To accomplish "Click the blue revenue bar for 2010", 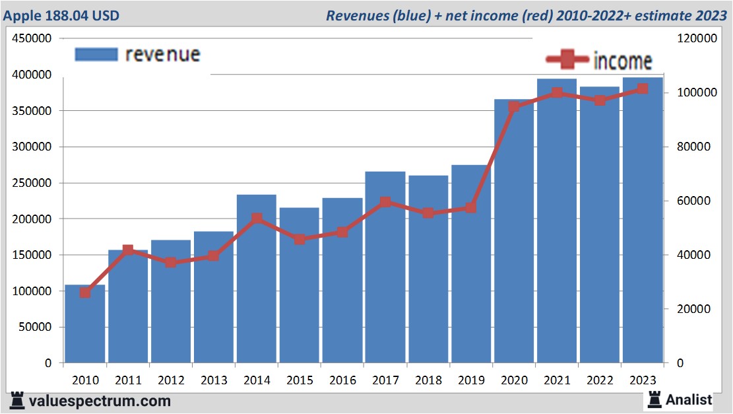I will (85, 325).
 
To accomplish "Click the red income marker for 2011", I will (128, 251).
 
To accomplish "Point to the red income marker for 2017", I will (385, 203).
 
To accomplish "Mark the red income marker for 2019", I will (471, 207).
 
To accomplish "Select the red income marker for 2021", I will (557, 92).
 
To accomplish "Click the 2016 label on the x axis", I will (342, 380).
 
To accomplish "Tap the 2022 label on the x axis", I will (600, 380).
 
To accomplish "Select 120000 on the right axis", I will (697, 39).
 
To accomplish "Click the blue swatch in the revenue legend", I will (96, 54).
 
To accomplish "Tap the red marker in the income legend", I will (567, 60).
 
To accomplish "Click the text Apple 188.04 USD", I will (62, 15).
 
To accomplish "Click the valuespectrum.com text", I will (99, 401).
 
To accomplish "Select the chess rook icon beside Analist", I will (654, 399).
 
